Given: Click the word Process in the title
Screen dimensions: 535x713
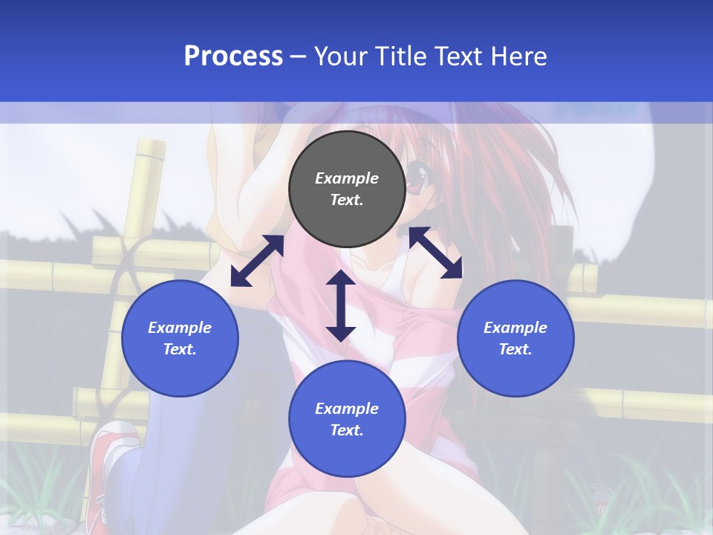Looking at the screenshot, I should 233,56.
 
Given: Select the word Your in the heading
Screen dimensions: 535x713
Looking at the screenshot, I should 340,56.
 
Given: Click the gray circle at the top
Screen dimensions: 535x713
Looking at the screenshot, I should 347,189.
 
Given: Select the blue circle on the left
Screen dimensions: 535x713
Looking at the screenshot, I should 180,338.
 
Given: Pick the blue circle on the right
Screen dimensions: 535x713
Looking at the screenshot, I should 515,338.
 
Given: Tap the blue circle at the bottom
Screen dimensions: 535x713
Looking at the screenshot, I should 347,419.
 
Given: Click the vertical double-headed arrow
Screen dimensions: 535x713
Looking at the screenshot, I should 341,305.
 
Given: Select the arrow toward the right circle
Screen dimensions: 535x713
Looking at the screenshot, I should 435,253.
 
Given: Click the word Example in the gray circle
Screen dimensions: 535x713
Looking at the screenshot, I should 347,178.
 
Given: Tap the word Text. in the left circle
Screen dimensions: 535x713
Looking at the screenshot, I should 180,349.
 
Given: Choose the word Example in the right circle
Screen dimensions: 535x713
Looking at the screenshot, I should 515,328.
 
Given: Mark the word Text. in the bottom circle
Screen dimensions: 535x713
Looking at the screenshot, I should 347,430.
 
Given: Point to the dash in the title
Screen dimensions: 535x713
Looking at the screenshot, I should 298,56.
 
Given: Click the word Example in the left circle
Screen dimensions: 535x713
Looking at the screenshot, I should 180,328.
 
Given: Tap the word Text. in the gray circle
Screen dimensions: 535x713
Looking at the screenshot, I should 347,200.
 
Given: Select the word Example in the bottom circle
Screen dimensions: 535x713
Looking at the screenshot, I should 347,409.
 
